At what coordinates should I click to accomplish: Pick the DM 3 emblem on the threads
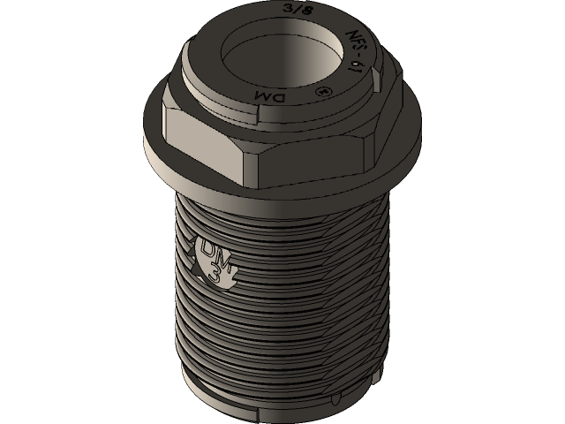[215, 261]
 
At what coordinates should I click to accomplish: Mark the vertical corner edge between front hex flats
[245, 163]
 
